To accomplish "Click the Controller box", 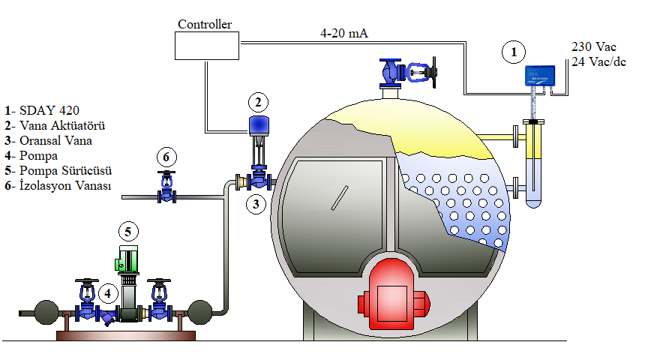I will tap(205, 45).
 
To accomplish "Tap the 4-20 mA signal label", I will tap(343, 34).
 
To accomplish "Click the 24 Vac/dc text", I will tap(598, 61).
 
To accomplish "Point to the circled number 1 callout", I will tap(514, 52).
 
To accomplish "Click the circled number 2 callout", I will tap(257, 101).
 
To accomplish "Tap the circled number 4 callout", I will tap(108, 292).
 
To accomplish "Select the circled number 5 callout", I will tap(128, 231).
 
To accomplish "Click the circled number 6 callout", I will tap(166, 157).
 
